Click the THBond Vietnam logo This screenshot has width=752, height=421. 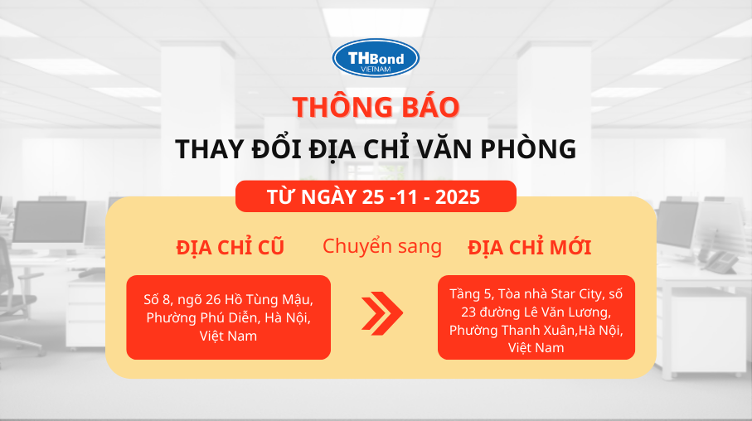click(x=376, y=58)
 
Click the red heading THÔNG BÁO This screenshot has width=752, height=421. click(x=376, y=107)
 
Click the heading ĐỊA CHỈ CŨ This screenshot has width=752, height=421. click(x=230, y=247)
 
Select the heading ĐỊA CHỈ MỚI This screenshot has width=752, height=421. click(x=529, y=247)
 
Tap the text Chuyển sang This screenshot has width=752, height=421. click(x=381, y=246)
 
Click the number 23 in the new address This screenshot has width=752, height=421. click(x=471, y=312)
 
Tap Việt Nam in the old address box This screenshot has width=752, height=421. click(x=228, y=336)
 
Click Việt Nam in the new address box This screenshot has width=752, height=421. click(x=536, y=347)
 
